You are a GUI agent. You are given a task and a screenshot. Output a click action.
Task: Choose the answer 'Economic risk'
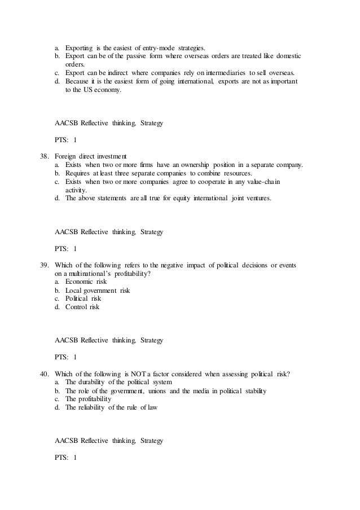click(x=86, y=281)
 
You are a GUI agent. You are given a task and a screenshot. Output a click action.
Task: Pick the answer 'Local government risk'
click(x=97, y=290)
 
